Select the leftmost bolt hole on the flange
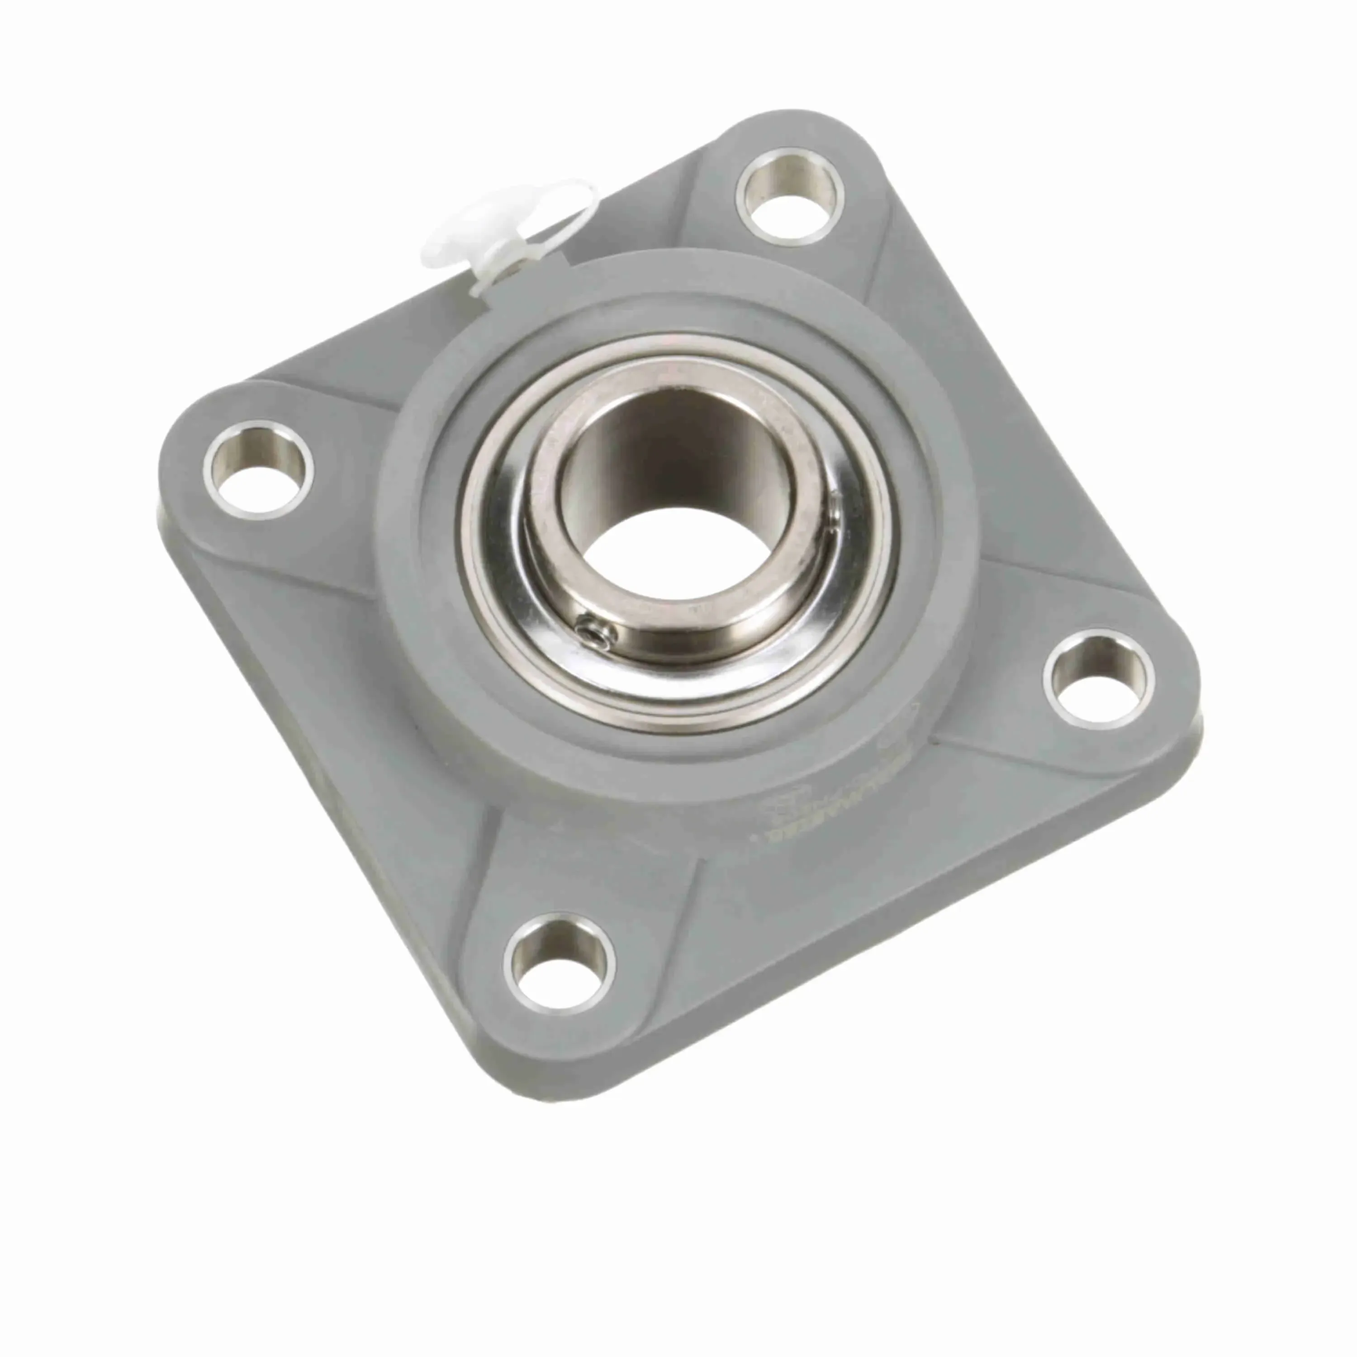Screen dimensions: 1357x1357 coord(258,469)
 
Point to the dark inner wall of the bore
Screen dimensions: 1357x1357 coord(653,450)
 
